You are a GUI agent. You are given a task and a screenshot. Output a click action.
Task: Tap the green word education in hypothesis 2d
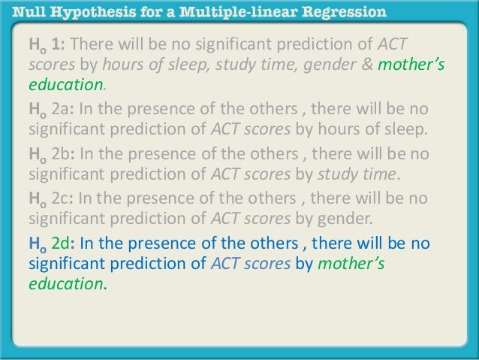pos(68,285)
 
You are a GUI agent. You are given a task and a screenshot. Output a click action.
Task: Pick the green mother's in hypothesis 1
pos(411,64)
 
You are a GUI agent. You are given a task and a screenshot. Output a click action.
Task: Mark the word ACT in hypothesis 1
pos(392,44)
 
